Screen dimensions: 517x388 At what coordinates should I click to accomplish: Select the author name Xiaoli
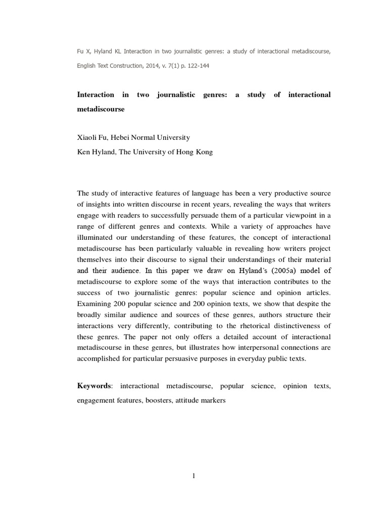pyautogui.click(x=88, y=137)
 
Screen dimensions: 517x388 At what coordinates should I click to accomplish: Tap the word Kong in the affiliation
pyautogui.click(x=203, y=152)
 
